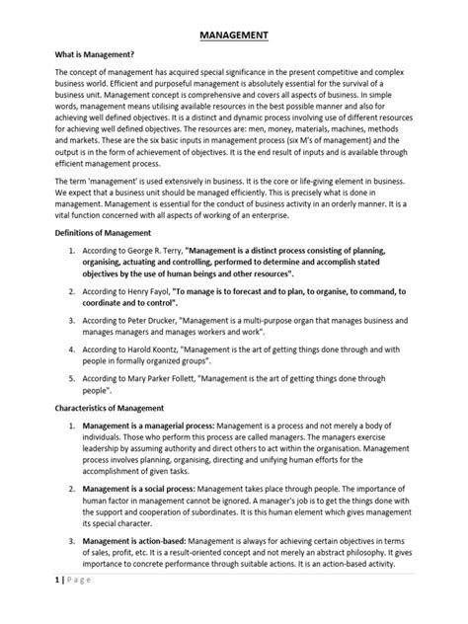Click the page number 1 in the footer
pos(32,609)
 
